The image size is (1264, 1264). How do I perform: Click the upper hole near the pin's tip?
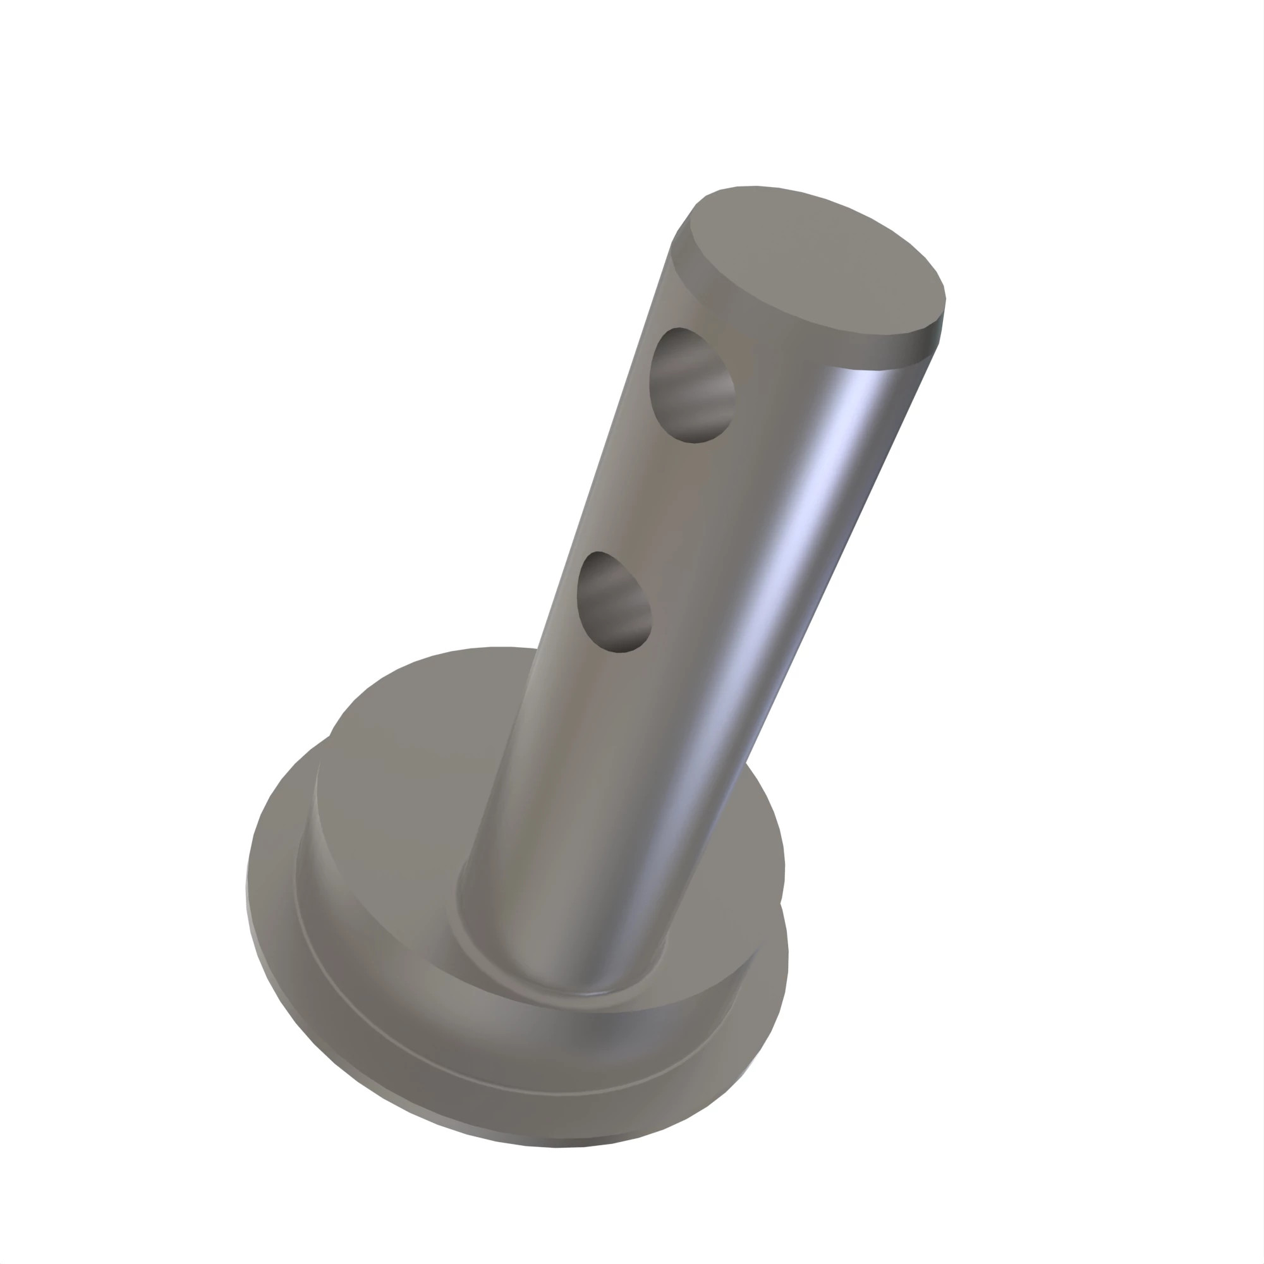click(691, 386)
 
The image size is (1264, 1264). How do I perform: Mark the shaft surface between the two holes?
click(648, 497)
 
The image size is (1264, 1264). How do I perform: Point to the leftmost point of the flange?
click(246, 890)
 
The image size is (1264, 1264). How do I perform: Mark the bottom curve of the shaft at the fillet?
click(562, 988)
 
